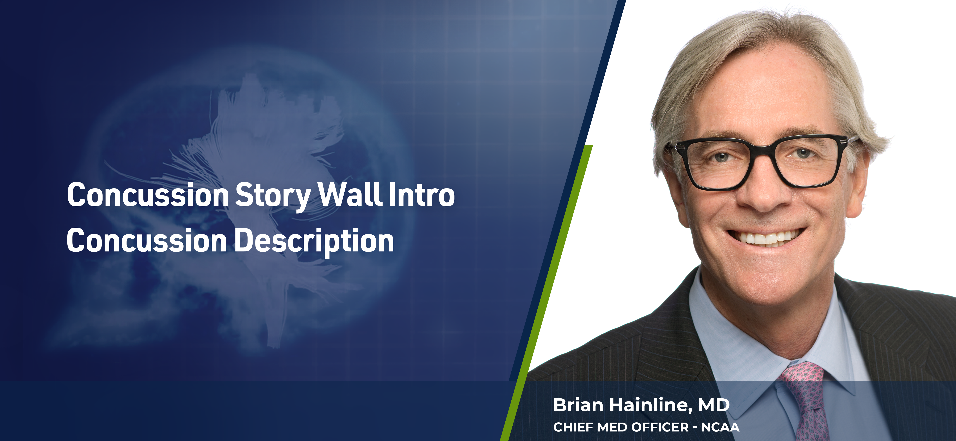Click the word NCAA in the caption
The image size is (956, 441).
click(720, 427)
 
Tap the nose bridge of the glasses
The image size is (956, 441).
click(761, 150)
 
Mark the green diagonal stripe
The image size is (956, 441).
click(545, 293)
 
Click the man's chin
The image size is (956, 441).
click(768, 279)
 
